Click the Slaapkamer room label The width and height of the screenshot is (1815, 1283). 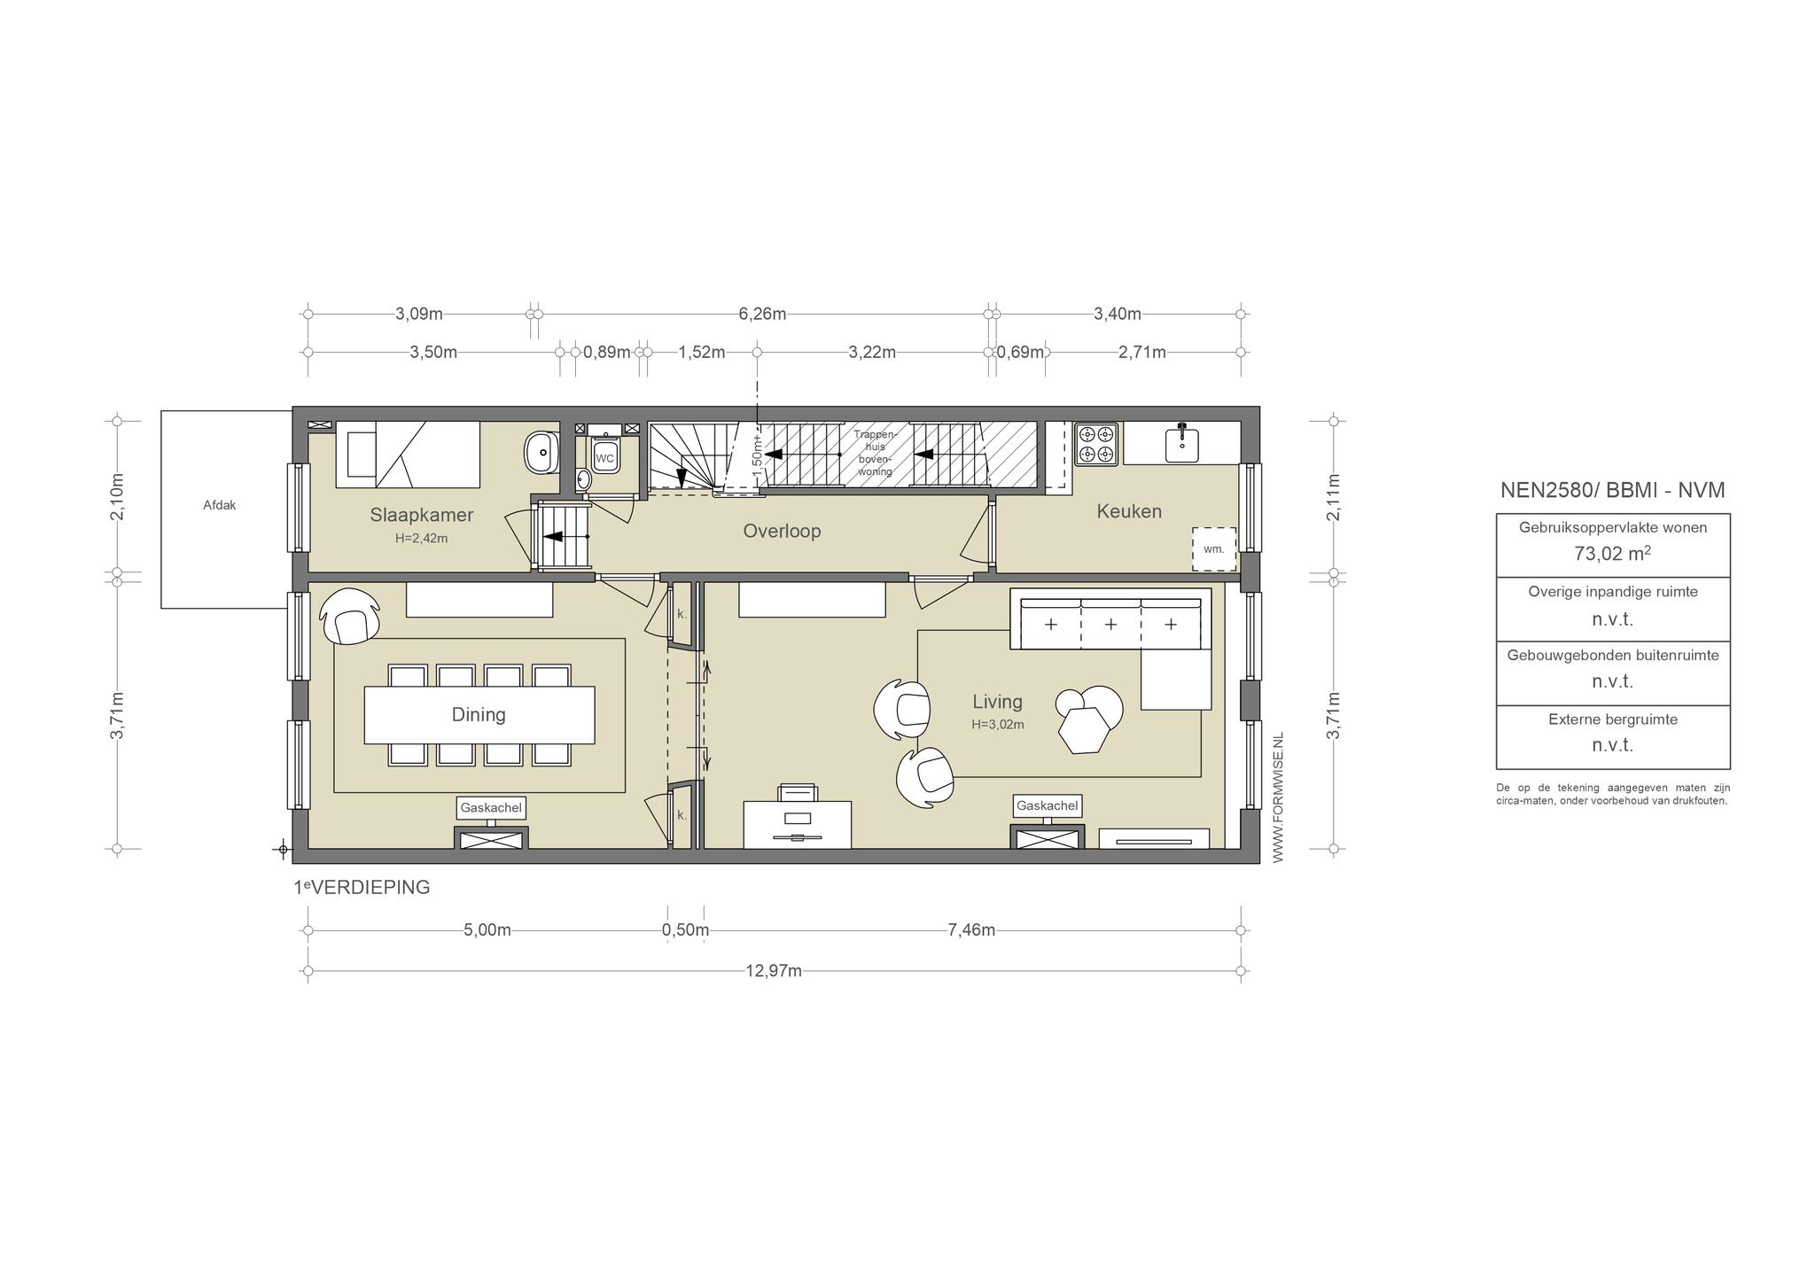(422, 515)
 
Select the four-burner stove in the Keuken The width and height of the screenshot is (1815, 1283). (1096, 444)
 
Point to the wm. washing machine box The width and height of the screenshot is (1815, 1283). (1213, 549)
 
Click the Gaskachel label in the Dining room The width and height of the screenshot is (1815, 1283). (491, 808)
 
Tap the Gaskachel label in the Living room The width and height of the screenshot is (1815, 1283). (1048, 805)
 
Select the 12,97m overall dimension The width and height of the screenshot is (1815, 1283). (774, 971)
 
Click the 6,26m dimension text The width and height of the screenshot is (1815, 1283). (763, 314)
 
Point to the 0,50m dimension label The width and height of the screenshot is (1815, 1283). (685, 930)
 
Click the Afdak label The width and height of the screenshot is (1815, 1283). (220, 506)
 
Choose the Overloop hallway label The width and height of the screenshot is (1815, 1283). (782, 531)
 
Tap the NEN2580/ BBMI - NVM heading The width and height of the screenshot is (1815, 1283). (1613, 490)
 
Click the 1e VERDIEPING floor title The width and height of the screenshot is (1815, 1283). (362, 887)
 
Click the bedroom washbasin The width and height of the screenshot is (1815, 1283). (540, 453)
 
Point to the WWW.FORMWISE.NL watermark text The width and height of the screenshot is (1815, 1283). (1277, 797)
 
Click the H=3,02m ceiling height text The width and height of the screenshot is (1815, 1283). (998, 724)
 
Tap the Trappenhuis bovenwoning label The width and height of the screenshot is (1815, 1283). (876, 453)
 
